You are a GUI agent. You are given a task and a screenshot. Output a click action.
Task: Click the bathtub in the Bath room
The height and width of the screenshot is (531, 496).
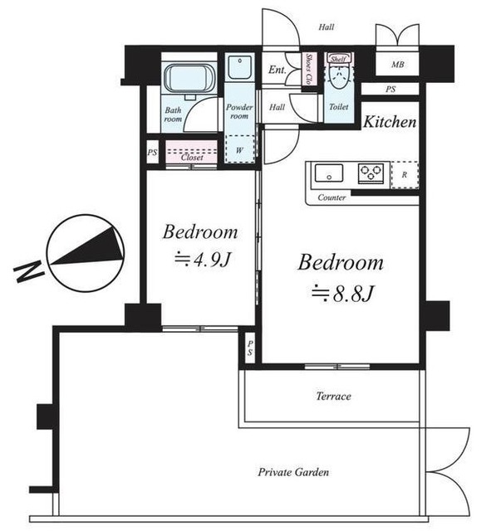[189, 80]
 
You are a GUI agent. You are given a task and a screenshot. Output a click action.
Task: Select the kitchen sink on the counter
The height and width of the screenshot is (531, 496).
[329, 173]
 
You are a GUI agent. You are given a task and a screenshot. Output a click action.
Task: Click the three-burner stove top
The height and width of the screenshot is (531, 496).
[371, 173]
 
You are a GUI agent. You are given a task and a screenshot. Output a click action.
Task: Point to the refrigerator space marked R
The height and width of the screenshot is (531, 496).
[405, 175]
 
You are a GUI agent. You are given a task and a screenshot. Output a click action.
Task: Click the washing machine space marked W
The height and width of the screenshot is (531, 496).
[240, 149]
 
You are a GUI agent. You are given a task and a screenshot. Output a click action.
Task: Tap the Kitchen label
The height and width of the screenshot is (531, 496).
[390, 122]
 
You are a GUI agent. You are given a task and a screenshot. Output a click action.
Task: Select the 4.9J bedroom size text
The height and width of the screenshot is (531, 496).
[203, 260]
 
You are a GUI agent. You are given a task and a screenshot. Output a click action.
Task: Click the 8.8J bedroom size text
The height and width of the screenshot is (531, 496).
[343, 293]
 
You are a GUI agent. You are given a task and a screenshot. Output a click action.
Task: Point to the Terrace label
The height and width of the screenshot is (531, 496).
[334, 396]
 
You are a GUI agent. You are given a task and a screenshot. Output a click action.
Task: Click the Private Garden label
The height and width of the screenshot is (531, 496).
[293, 472]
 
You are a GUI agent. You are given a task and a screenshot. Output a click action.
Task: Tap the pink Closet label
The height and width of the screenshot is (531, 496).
[192, 157]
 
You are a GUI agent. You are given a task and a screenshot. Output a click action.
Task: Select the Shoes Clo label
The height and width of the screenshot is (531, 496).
[309, 69]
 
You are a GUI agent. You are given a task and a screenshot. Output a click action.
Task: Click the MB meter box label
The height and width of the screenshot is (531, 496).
[398, 64]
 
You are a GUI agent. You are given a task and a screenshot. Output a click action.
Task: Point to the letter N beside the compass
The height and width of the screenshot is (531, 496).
[29, 270]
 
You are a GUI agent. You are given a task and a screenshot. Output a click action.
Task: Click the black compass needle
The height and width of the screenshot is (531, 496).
[86, 246]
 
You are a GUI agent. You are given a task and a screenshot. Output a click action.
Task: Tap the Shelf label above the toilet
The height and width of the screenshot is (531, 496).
[339, 59]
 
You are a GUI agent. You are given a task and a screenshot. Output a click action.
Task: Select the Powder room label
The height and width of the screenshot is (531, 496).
[239, 111]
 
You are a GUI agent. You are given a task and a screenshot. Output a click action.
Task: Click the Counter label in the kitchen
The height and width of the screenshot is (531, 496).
[331, 197]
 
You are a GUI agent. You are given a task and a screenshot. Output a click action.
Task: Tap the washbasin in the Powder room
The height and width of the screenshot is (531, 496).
[240, 67]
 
